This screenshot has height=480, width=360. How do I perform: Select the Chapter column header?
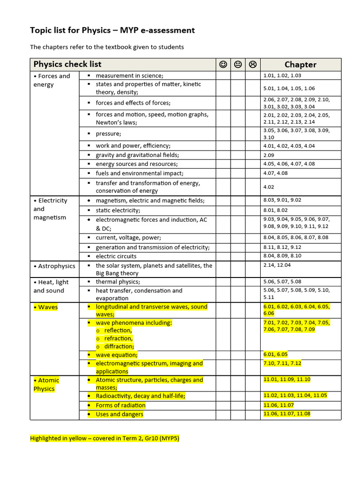coord(300,65)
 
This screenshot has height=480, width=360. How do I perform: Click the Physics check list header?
coord(67,64)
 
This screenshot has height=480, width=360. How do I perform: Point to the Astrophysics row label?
coord(54,266)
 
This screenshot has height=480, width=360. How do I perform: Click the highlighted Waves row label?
coord(45,307)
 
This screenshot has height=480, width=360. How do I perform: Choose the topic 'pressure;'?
coord(108,134)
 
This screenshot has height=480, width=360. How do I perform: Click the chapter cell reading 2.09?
coord(269,155)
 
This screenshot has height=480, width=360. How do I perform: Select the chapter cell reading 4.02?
coord(269,187)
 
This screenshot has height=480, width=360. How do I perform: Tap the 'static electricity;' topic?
coord(118,210)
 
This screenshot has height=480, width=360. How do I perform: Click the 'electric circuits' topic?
coord(116,256)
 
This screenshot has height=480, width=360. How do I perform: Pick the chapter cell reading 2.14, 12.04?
coord(277,265)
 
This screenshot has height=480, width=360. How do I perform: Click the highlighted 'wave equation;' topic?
coord(117,355)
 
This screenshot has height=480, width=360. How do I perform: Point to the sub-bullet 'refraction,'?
coord(119,338)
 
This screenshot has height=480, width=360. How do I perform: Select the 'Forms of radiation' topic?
coord(120,405)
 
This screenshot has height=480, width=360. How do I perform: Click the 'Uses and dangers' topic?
coord(120,414)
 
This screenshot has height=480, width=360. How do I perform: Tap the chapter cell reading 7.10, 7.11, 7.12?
coord(282,363)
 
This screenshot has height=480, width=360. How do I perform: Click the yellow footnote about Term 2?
coord(105,439)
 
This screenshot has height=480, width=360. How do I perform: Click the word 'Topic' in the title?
coord(41,30)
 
